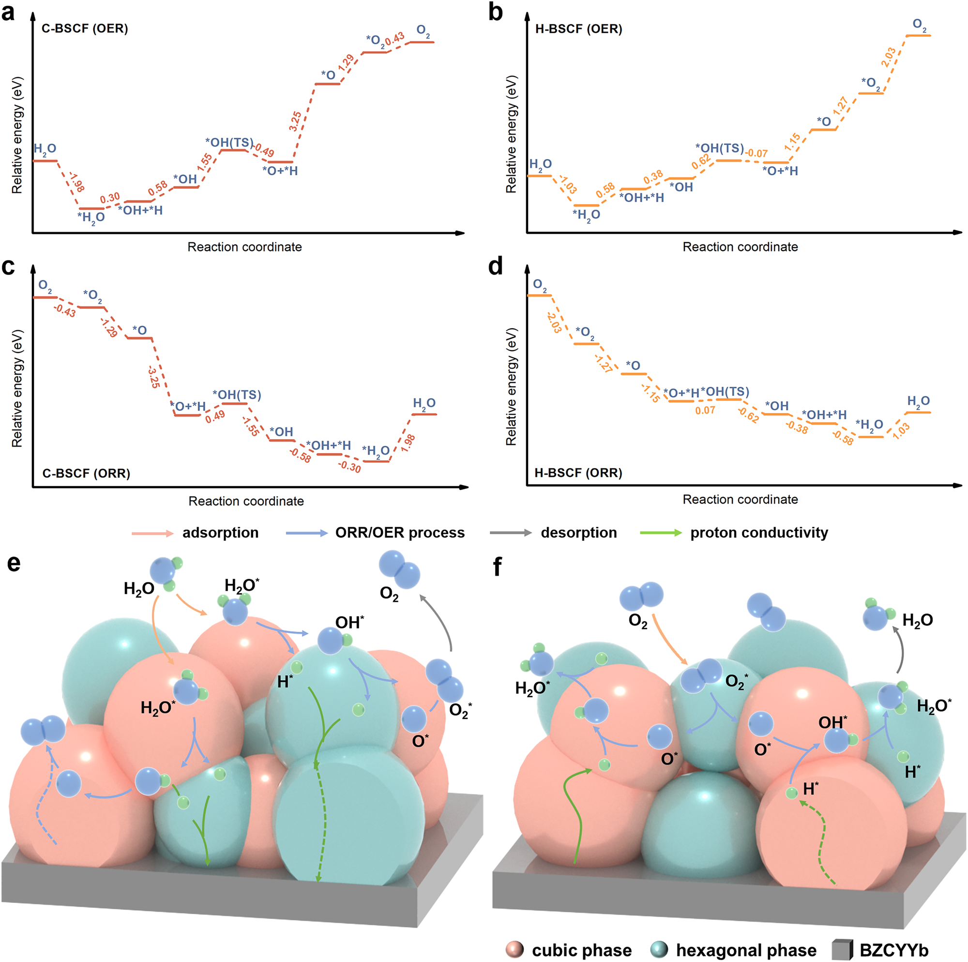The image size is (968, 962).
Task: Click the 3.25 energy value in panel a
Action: [296, 122]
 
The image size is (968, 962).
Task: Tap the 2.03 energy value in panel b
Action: [888, 58]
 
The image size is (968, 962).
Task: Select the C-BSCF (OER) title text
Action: [85, 29]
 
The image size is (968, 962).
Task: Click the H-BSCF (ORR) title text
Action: [578, 473]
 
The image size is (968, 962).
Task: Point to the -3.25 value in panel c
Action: [154, 377]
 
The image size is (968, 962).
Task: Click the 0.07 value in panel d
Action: [705, 411]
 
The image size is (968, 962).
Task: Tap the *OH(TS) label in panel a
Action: [229, 143]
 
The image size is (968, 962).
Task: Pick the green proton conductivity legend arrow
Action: [661, 533]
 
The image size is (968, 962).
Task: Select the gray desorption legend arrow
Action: [511, 533]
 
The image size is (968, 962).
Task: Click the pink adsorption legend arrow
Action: [152, 533]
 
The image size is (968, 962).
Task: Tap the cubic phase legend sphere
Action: [514, 949]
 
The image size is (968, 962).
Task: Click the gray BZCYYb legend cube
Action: [842, 949]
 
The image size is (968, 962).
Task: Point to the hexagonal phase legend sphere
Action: [659, 949]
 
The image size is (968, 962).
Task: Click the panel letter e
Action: [14, 564]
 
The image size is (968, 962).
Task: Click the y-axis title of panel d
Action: [511, 386]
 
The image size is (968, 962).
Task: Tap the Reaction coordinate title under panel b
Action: [740, 246]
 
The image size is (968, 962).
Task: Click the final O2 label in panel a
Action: [423, 31]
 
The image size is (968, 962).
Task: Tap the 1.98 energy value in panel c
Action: [408, 443]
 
